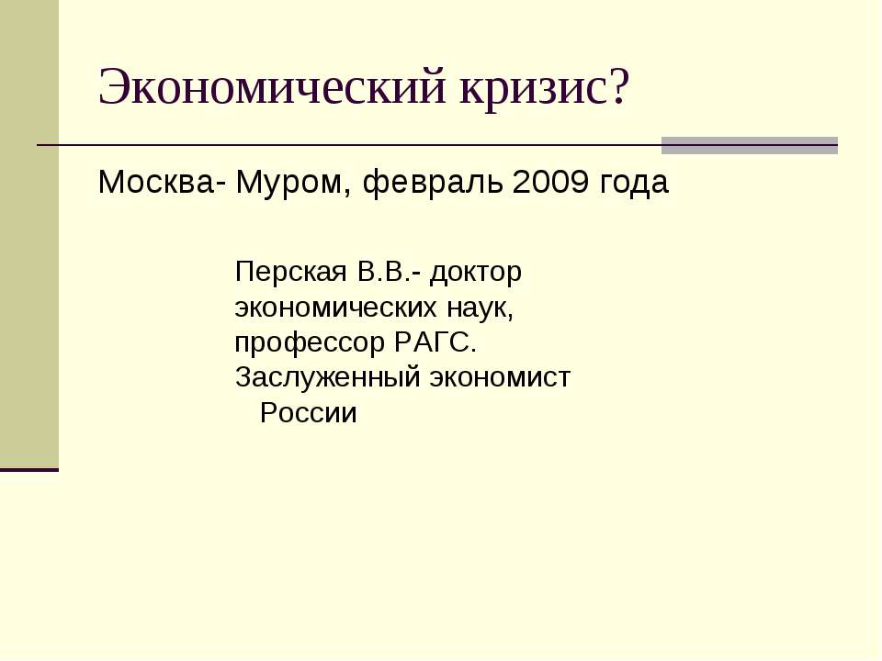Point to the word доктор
click(476, 273)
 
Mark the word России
click(308, 413)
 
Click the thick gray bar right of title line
click(750, 145)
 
